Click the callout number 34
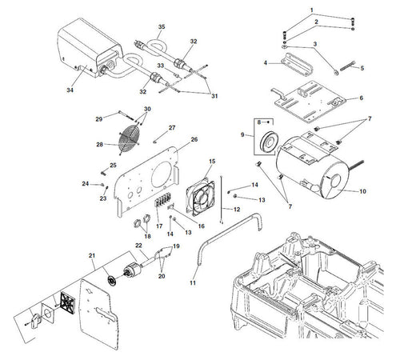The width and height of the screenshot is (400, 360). (x=70, y=90)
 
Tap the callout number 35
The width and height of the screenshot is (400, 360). (x=162, y=27)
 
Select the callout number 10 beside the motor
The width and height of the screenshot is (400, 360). (x=363, y=191)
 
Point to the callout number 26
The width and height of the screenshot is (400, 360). (x=194, y=139)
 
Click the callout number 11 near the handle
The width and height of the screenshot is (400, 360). (x=193, y=282)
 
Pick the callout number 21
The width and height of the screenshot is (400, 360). (x=92, y=255)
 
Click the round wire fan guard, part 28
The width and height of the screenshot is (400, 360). (x=130, y=142)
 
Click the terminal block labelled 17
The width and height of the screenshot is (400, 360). (x=162, y=205)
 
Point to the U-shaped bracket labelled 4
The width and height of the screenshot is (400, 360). (x=297, y=63)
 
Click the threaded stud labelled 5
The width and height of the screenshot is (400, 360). (x=347, y=66)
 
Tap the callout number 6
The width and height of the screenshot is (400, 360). (x=362, y=98)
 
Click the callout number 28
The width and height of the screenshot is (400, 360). (x=99, y=145)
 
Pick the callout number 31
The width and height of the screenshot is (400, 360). (x=214, y=96)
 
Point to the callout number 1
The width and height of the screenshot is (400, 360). (x=311, y=10)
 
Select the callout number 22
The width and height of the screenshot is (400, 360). (x=138, y=246)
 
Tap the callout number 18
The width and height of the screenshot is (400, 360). (x=147, y=236)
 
